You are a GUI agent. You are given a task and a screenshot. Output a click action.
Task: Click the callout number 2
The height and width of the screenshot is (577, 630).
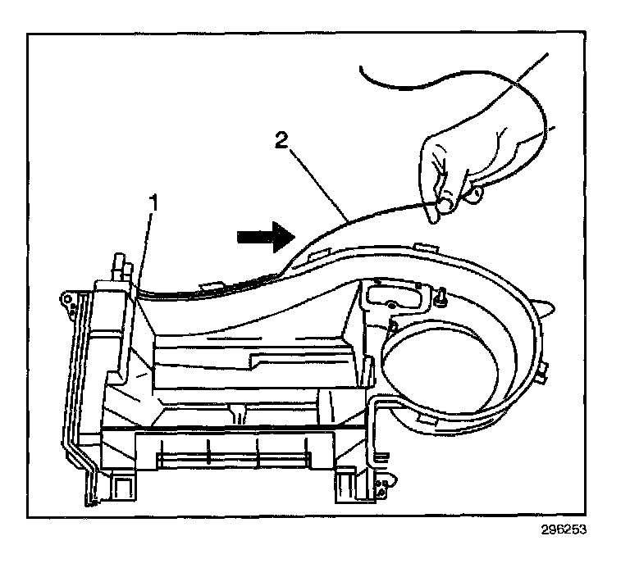point(281,141)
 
